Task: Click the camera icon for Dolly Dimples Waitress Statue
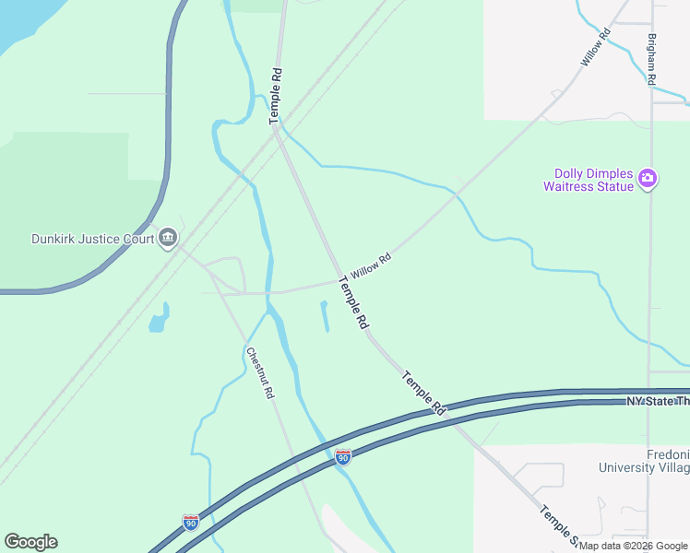tap(648, 178)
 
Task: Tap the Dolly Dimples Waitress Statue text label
tap(594, 180)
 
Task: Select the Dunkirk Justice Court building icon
tap(167, 238)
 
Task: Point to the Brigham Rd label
tap(651, 61)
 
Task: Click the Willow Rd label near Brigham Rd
tap(596, 49)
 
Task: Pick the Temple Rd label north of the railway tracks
tap(274, 96)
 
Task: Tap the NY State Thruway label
tap(657, 402)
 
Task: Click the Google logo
tap(30, 542)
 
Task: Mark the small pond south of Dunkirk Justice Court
tap(160, 319)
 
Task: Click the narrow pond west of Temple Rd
tap(324, 316)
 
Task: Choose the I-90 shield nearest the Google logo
tap(190, 522)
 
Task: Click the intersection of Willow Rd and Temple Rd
tap(338, 278)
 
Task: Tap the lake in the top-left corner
tap(18, 23)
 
